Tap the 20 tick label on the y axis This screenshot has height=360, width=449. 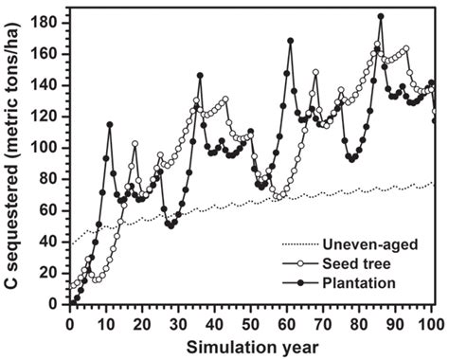(49, 273)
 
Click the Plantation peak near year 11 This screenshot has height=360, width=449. (110, 124)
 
